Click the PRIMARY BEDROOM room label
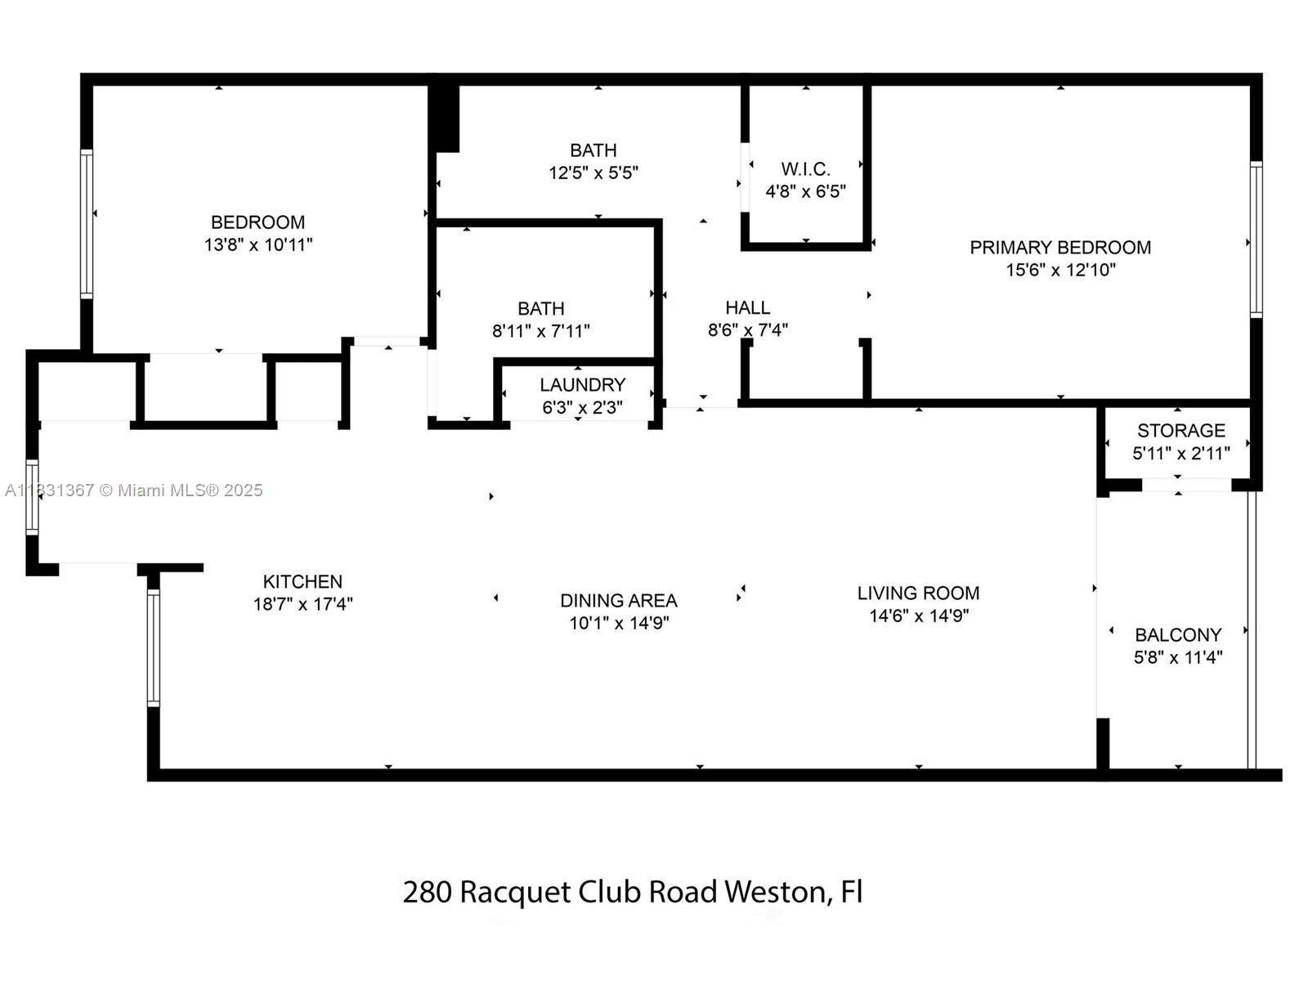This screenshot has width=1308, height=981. [1059, 247]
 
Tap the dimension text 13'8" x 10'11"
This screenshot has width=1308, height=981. [258, 244]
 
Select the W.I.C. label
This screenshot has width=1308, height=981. [805, 169]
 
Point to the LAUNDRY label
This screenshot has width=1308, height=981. [582, 384]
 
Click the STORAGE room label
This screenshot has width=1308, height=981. [1180, 430]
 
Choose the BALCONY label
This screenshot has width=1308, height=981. [1178, 634]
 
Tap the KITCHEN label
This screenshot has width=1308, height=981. [302, 581]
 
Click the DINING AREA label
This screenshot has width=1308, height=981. [618, 600]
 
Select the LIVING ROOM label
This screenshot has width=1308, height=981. [918, 593]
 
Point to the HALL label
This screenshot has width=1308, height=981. [747, 307]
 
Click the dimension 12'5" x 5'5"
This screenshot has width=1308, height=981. [594, 172]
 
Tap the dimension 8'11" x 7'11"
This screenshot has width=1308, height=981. [540, 331]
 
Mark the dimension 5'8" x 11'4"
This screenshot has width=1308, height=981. [1178, 657]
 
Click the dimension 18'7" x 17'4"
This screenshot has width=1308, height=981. [302, 604]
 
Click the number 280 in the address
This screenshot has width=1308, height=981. [427, 891]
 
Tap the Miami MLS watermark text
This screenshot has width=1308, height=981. [190, 490]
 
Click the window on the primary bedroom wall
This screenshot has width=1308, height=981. [1256, 239]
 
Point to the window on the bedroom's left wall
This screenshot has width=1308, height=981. [86, 222]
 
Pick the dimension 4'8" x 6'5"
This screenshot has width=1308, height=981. [805, 192]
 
